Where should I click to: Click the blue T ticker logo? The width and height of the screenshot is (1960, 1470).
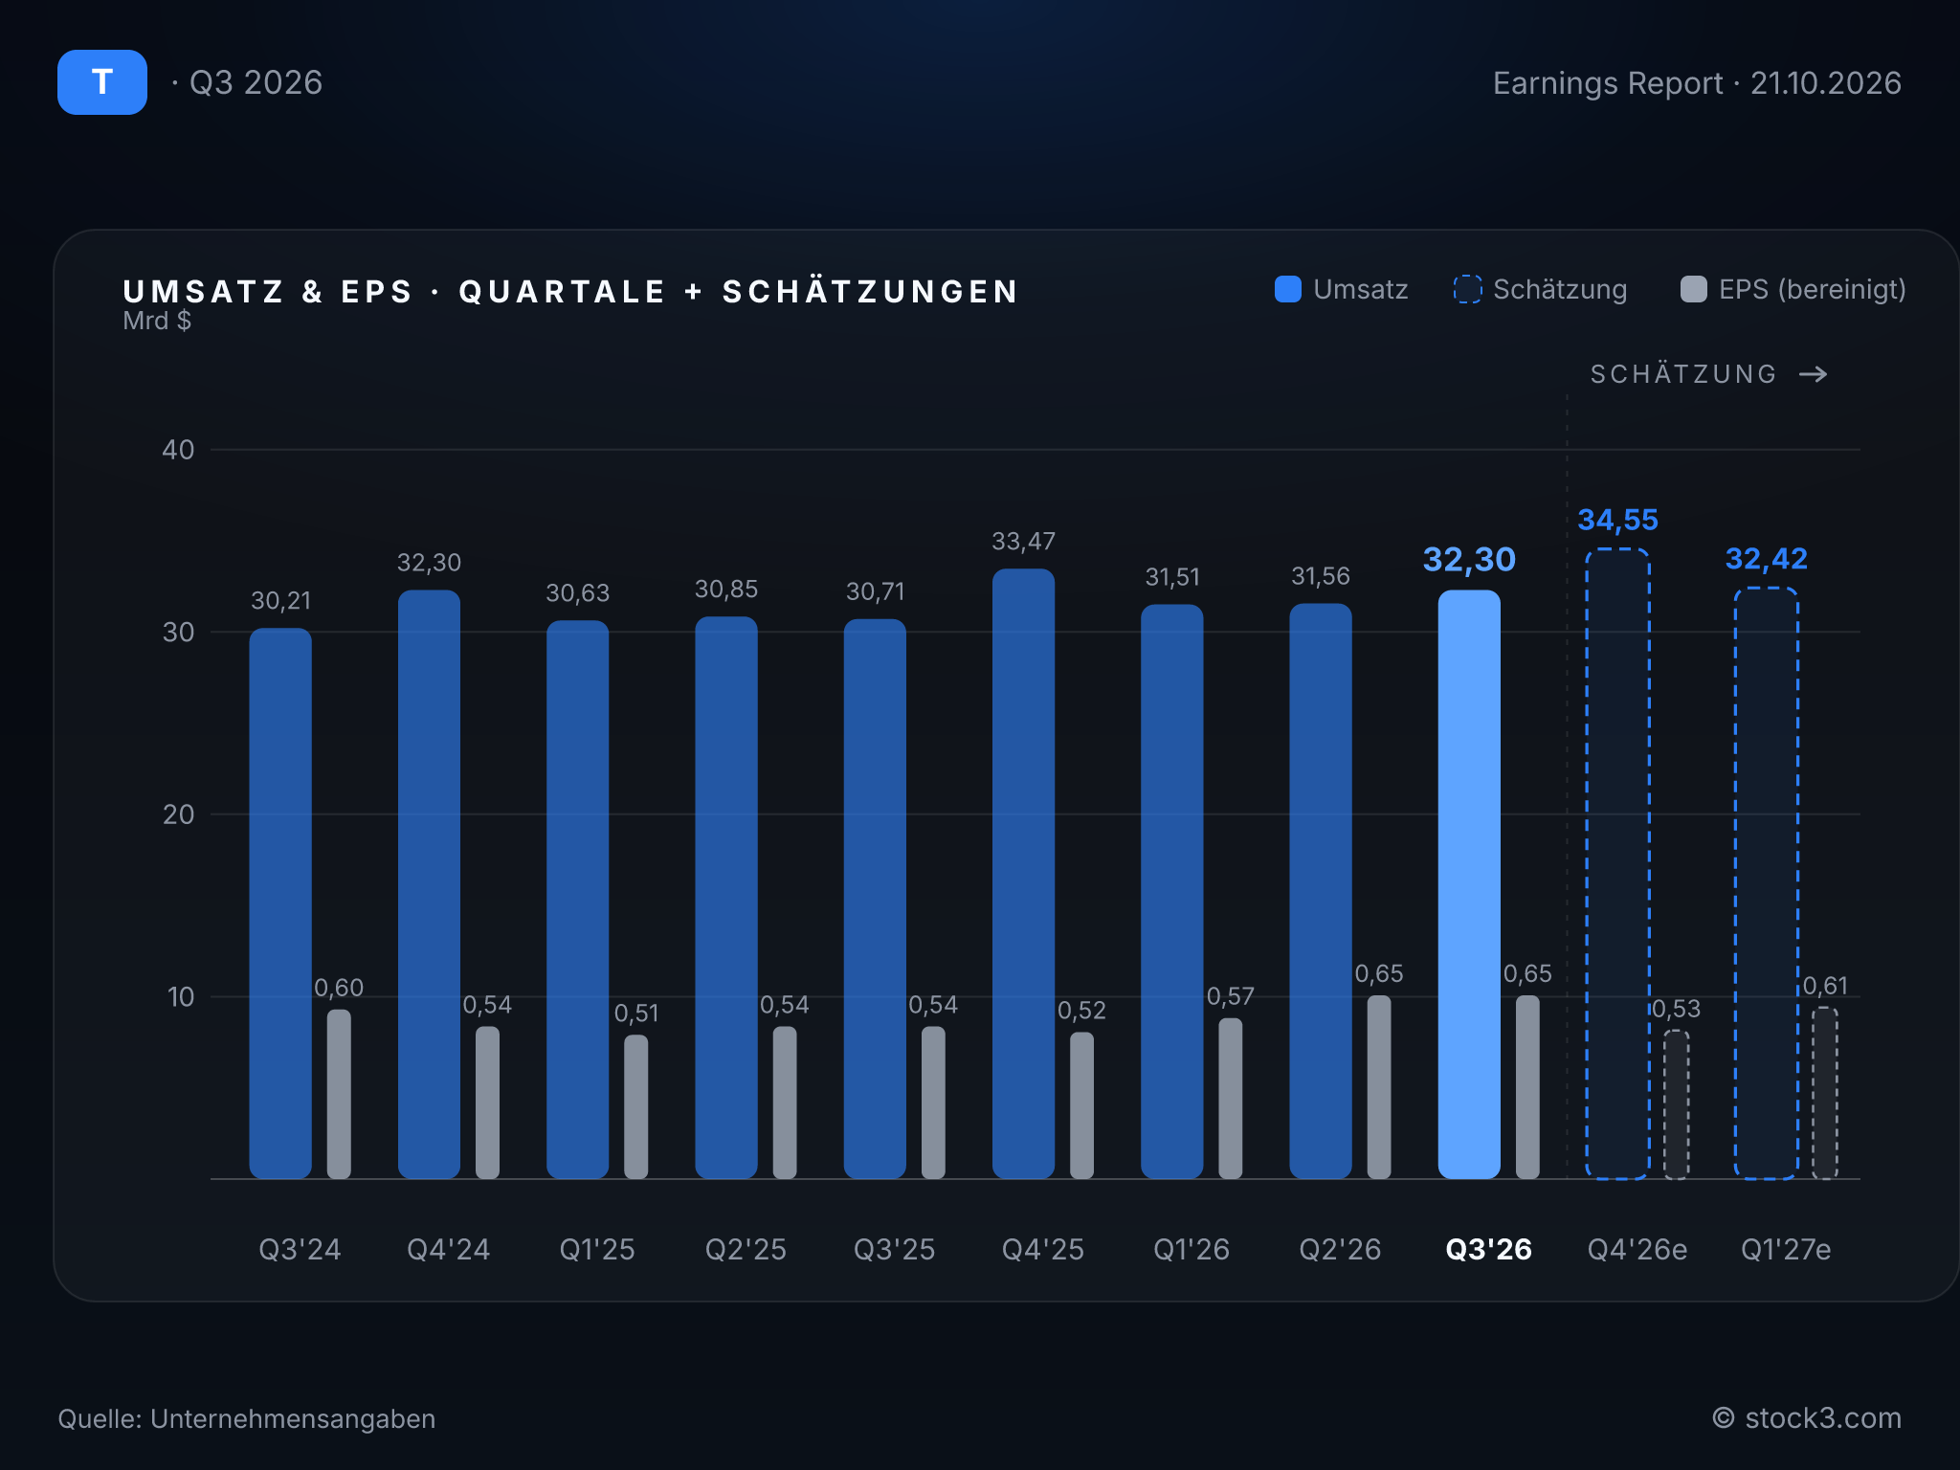tap(102, 82)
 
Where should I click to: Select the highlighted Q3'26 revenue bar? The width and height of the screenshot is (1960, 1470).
tap(1469, 884)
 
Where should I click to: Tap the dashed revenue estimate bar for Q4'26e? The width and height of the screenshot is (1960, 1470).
tap(1617, 864)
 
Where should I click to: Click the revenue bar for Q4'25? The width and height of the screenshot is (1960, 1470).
tap(1023, 874)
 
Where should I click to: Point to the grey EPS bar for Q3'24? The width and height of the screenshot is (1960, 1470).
tap(339, 1094)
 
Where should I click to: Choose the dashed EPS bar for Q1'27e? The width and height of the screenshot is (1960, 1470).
tap(1825, 1093)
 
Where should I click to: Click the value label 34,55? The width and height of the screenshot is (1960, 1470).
tap(1617, 520)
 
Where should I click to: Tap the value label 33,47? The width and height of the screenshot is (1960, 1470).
tap(1023, 542)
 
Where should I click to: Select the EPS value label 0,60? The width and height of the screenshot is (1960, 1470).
tap(339, 988)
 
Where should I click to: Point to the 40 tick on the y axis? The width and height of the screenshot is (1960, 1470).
tap(178, 450)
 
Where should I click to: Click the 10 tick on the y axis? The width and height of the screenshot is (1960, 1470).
tap(180, 997)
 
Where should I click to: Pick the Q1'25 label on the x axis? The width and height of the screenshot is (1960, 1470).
tap(597, 1249)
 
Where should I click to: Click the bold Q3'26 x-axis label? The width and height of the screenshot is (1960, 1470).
tap(1488, 1249)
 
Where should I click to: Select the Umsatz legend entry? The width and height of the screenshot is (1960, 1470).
tap(1342, 289)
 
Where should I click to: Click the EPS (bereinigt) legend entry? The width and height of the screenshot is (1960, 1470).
tap(1793, 289)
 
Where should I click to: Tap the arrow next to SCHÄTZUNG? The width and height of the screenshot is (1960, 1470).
tap(1813, 374)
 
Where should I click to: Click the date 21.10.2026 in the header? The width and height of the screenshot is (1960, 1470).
tap(1826, 83)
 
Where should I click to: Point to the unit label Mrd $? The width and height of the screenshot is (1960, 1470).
tap(157, 321)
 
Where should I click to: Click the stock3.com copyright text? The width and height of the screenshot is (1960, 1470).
tap(1807, 1417)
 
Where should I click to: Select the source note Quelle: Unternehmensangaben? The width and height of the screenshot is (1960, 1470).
tap(247, 1418)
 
